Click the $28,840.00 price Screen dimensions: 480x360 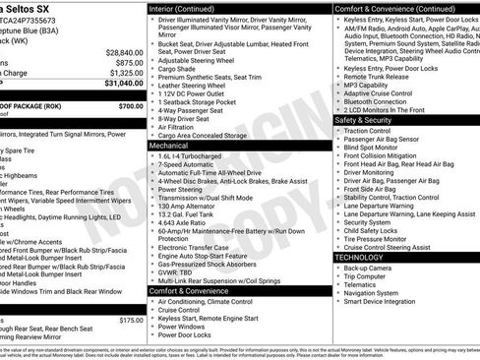pyautogui.click(x=124, y=52)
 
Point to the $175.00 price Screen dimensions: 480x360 pyautogui.click(x=131, y=320)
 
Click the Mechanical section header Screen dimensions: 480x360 pyautogui.click(x=169, y=145)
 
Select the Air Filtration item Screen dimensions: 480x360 pyautogui.click(x=179, y=127)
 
